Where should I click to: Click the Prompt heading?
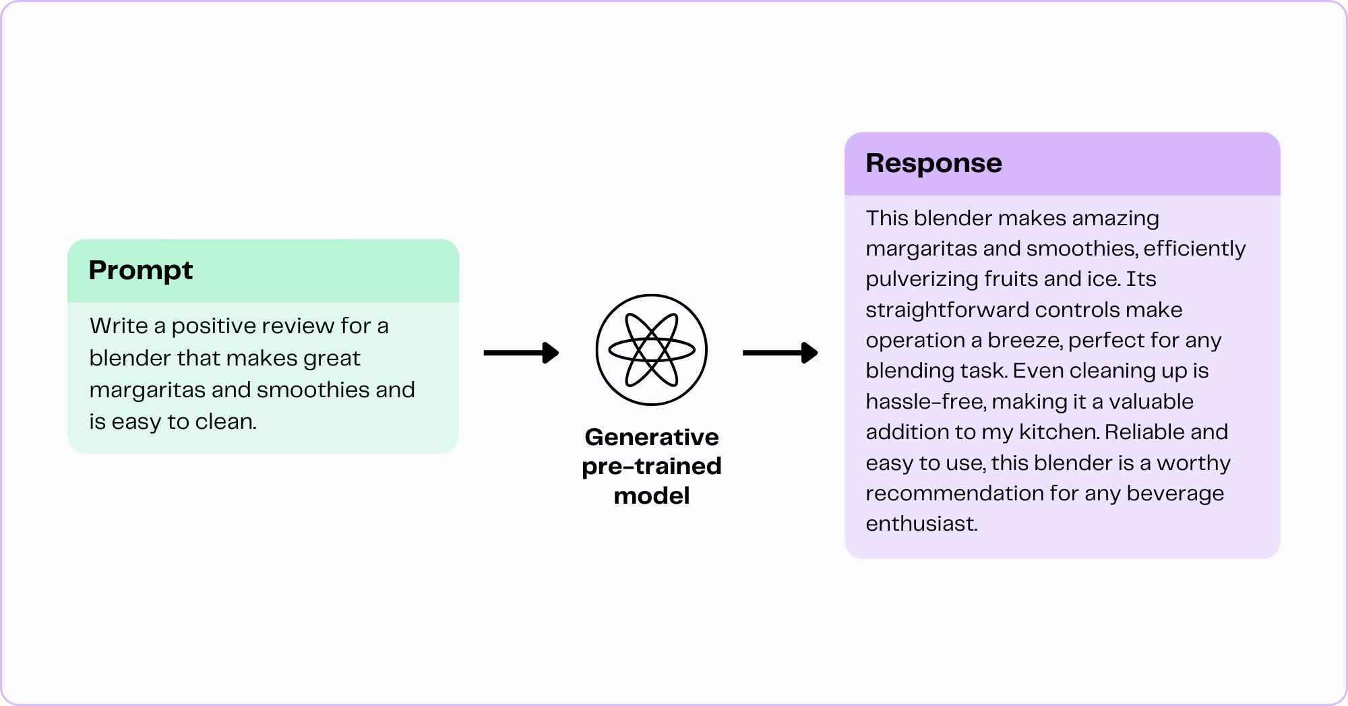point(140,270)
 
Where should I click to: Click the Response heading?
point(933,163)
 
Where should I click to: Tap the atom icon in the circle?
point(651,349)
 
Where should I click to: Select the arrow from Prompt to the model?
point(521,352)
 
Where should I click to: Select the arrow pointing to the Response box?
point(780,352)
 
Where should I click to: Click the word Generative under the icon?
point(651,437)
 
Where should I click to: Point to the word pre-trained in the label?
point(651,467)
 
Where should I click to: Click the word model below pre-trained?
point(651,496)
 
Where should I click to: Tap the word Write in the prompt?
point(119,326)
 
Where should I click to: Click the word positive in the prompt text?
point(218,326)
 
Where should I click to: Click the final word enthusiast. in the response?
point(921,524)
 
